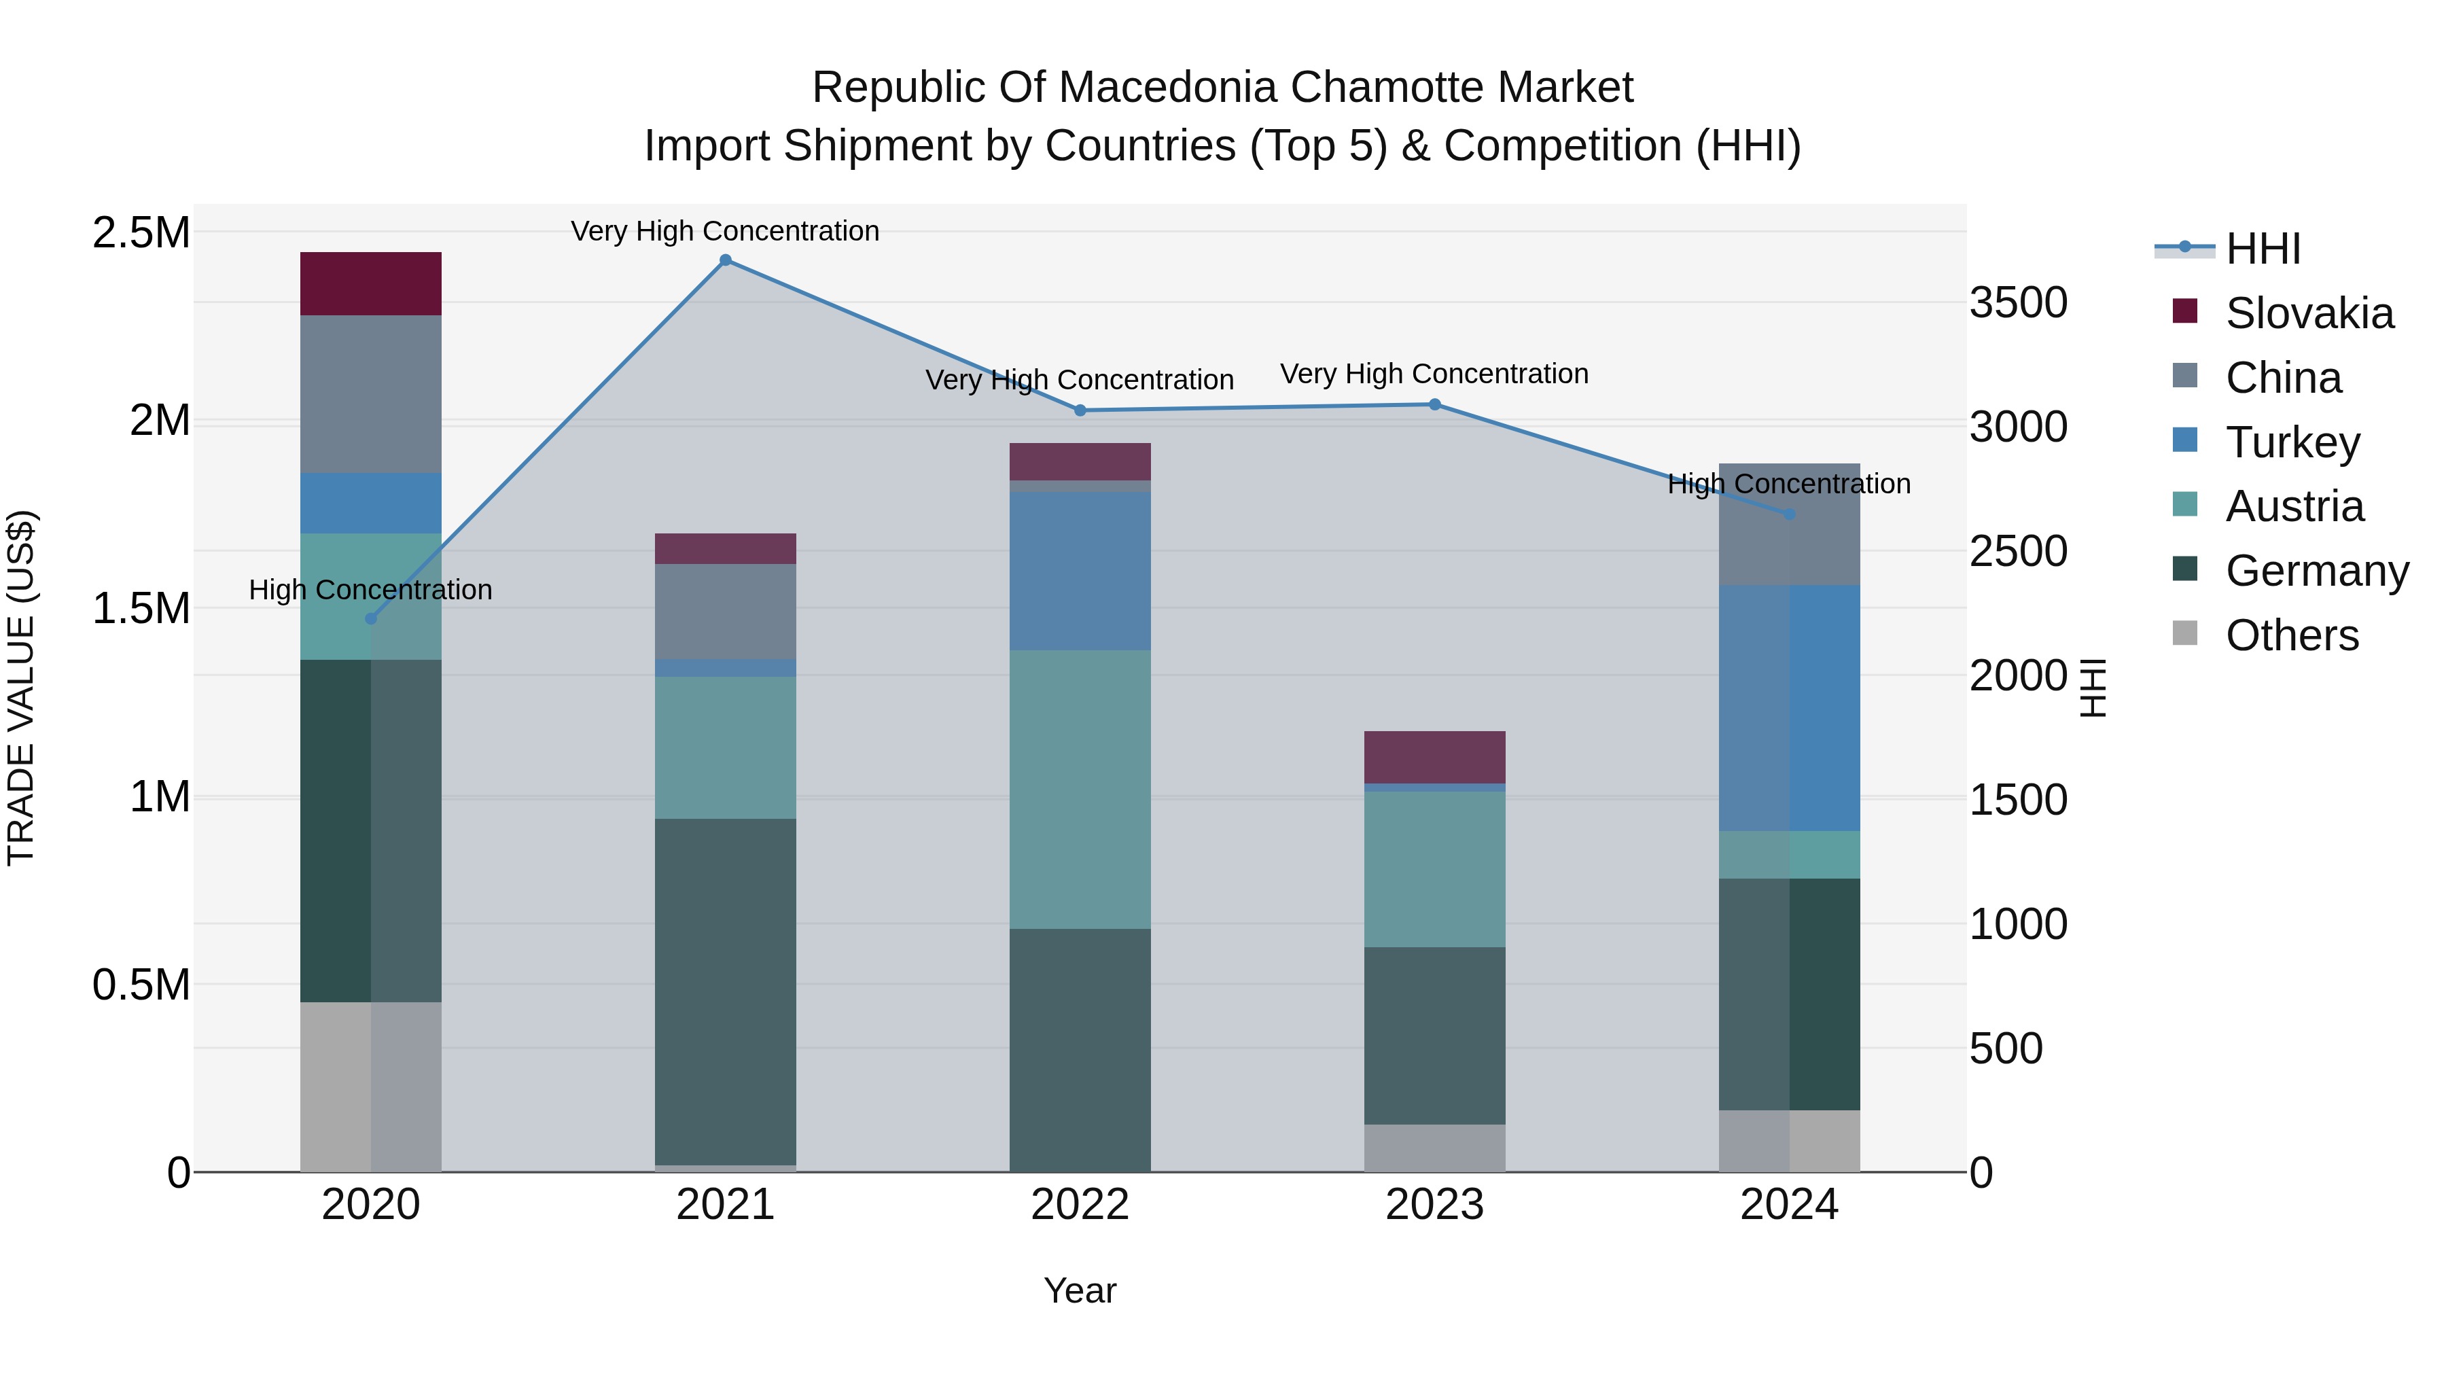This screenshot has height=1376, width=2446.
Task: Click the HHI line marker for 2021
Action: pyautogui.click(x=726, y=260)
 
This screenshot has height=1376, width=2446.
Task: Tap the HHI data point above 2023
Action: pyautogui.click(x=1435, y=404)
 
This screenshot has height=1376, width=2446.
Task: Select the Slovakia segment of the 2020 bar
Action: pyautogui.click(x=370, y=283)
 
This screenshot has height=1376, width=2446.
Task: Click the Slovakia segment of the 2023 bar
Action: pyautogui.click(x=1435, y=757)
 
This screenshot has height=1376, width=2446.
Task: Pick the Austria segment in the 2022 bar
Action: pyautogui.click(x=1080, y=789)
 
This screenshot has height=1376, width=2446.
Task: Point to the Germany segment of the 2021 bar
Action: pyautogui.click(x=726, y=991)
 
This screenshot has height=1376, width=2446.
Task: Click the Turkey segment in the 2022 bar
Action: pyautogui.click(x=1080, y=571)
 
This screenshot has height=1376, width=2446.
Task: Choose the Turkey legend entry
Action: pyautogui.click(x=2292, y=442)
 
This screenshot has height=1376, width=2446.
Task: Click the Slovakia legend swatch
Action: pyautogui.click(x=2185, y=311)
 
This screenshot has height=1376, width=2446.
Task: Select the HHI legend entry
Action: pyautogui.click(x=2262, y=249)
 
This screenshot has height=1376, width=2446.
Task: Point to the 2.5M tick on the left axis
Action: pyautogui.click(x=141, y=232)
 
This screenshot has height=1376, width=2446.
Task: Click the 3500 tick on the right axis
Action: pyautogui.click(x=2018, y=303)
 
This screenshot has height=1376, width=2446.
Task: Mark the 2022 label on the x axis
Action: pyautogui.click(x=1080, y=1205)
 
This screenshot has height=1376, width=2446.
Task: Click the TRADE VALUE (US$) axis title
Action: pyautogui.click(x=21, y=688)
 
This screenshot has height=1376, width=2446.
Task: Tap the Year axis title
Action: pyautogui.click(x=1080, y=1290)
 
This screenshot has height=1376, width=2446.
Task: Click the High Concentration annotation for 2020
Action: pyautogui.click(x=370, y=590)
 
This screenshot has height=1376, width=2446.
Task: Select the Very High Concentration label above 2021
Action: pyautogui.click(x=726, y=231)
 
